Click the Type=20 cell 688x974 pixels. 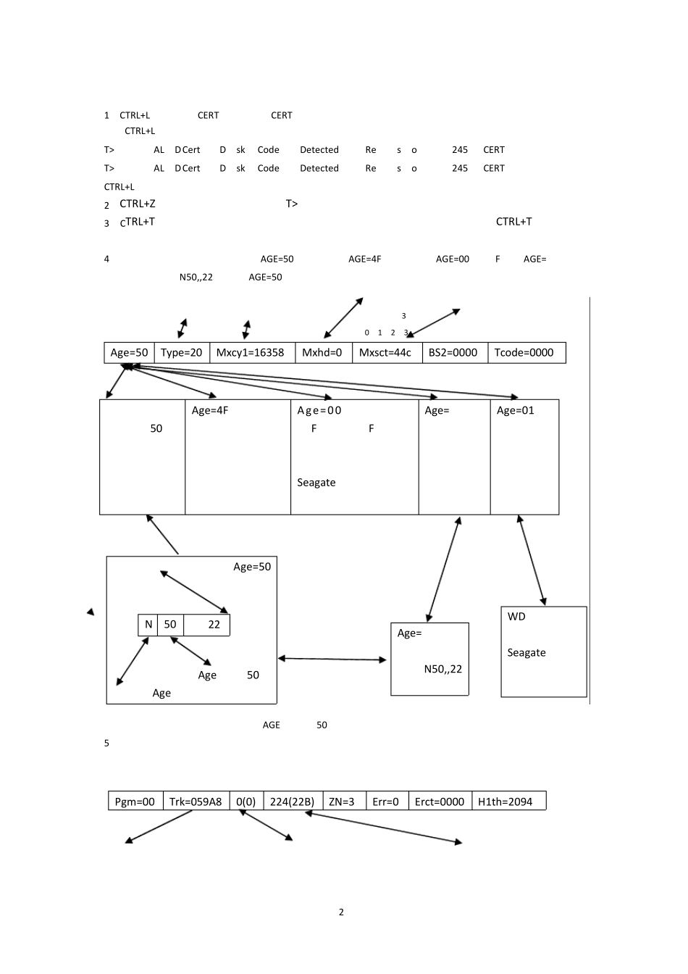[181, 353]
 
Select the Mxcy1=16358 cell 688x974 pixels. [251, 353]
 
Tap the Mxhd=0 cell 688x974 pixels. [322, 353]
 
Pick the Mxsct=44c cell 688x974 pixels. [385, 353]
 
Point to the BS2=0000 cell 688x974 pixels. [453, 353]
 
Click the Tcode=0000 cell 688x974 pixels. [524, 353]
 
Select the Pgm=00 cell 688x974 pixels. [135, 802]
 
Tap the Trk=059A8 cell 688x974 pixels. [196, 802]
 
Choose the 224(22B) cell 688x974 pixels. [292, 802]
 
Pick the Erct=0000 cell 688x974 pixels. [440, 802]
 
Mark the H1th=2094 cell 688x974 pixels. [505, 802]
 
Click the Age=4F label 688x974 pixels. [210, 411]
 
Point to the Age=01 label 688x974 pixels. [516, 411]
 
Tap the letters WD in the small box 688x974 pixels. [516, 617]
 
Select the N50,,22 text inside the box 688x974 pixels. [443, 669]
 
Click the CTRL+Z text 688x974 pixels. [138, 204]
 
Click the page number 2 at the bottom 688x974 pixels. [341, 912]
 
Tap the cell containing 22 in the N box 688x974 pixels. [214, 625]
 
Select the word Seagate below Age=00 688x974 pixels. [316, 483]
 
